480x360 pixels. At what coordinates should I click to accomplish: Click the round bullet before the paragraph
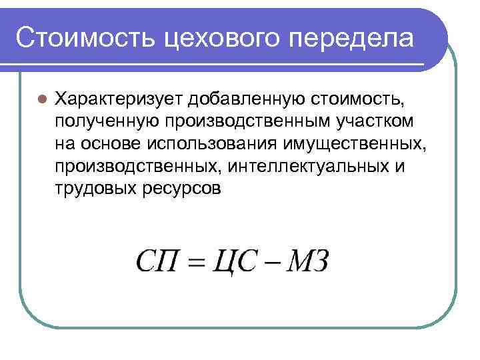pyautogui.click(x=41, y=99)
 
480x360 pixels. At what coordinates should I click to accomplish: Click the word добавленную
pyautogui.click(x=247, y=99)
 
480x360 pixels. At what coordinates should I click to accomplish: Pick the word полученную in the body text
pyautogui.click(x=106, y=122)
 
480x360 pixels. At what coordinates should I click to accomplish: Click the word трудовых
pyautogui.click(x=95, y=188)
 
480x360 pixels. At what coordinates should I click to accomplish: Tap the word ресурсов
pyautogui.click(x=181, y=188)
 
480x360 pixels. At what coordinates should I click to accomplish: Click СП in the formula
pyautogui.click(x=158, y=261)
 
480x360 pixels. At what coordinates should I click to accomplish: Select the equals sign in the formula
pyautogui.click(x=194, y=262)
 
